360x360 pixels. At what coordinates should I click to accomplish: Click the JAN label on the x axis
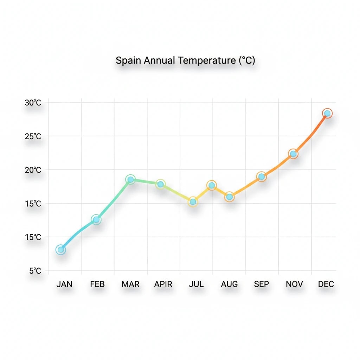64,284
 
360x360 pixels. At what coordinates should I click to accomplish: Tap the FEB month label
97,284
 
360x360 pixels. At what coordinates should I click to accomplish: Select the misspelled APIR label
163,284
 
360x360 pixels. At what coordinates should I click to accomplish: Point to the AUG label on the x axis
229,284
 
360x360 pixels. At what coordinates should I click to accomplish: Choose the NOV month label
294,284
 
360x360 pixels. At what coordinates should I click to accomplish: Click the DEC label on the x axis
326,284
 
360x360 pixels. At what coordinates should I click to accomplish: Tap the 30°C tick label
33,103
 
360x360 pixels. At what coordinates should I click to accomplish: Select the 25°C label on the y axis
33,136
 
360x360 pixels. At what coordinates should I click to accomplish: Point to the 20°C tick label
33,170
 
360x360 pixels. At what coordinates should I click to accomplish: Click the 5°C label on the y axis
35,271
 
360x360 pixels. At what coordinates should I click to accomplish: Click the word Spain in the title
129,60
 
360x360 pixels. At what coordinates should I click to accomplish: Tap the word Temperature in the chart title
206,60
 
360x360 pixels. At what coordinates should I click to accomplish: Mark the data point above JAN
61,250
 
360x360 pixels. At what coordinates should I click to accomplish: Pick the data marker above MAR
130,180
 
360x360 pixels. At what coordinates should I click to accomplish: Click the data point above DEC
327,113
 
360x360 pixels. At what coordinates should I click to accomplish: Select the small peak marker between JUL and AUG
212,185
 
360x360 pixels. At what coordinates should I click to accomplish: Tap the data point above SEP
261,176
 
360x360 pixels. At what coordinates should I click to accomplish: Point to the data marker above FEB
96,220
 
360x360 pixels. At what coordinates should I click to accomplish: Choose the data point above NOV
293,154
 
